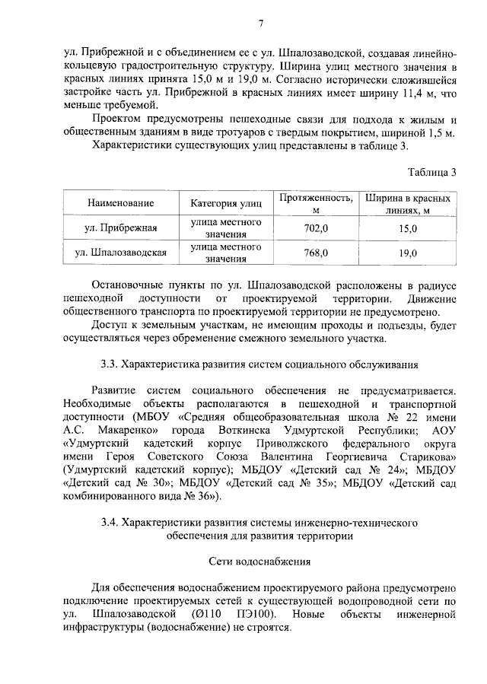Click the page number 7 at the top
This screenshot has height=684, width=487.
[259, 24]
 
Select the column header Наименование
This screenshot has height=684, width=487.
[120, 203]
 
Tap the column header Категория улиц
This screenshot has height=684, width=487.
[225, 203]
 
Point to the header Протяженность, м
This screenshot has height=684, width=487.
[315, 203]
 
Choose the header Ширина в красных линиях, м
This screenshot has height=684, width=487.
[408, 203]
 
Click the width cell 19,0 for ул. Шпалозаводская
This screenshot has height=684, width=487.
[408, 253]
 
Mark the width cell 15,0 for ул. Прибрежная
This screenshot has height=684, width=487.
[408, 227]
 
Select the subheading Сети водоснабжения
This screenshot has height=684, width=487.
[259, 564]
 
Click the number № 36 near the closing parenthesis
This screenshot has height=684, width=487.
[198, 497]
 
